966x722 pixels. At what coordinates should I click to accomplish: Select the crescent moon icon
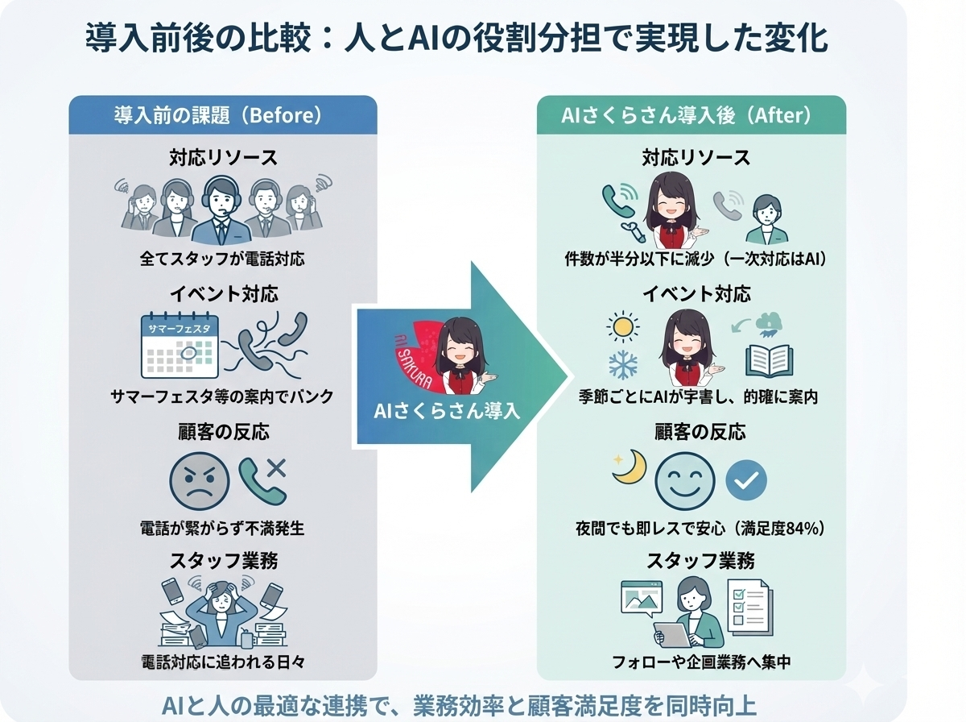pyautogui.click(x=629, y=467)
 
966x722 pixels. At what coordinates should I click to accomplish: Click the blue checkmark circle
pyautogui.click(x=745, y=481)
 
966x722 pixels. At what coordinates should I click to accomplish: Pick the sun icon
pyautogui.click(x=622, y=327)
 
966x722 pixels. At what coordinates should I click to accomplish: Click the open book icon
pyautogui.click(x=770, y=360)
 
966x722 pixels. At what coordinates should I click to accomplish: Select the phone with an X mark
pyautogui.click(x=262, y=479)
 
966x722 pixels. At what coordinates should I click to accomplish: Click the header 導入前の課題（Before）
pyautogui.click(x=222, y=115)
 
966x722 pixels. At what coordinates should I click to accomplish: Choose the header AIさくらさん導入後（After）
pyautogui.click(x=691, y=115)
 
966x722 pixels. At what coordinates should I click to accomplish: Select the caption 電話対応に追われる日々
pyautogui.click(x=222, y=663)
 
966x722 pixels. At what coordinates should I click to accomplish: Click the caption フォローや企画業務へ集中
pyautogui.click(x=691, y=663)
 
